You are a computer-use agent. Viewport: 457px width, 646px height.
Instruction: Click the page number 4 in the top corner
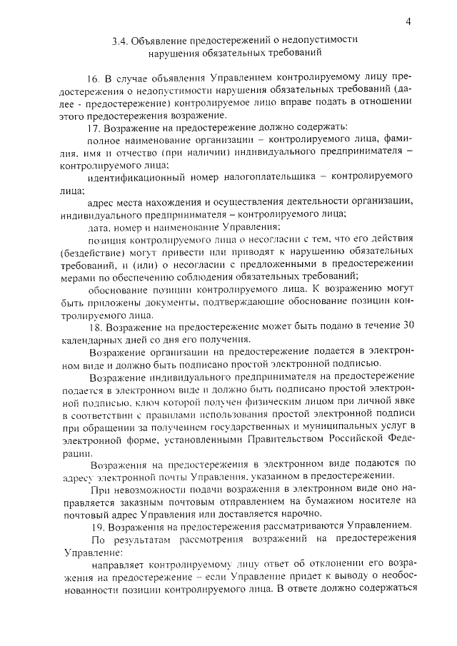tap(408, 21)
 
